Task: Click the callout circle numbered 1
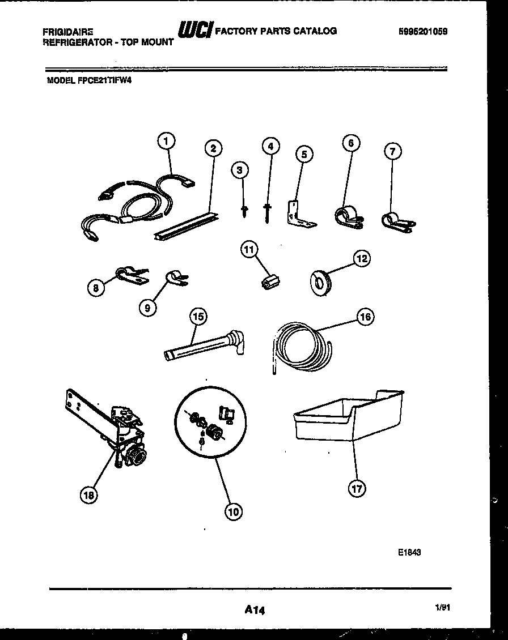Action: click(166, 142)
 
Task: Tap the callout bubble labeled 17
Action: click(357, 489)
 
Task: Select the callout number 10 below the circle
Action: click(233, 511)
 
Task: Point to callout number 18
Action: click(88, 494)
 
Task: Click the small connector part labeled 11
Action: click(271, 281)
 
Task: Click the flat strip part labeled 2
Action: click(184, 225)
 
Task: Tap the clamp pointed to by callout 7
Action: click(398, 222)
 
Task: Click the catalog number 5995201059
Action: click(423, 32)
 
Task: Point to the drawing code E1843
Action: click(409, 553)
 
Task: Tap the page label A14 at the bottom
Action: click(255, 610)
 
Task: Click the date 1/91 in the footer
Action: click(443, 607)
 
